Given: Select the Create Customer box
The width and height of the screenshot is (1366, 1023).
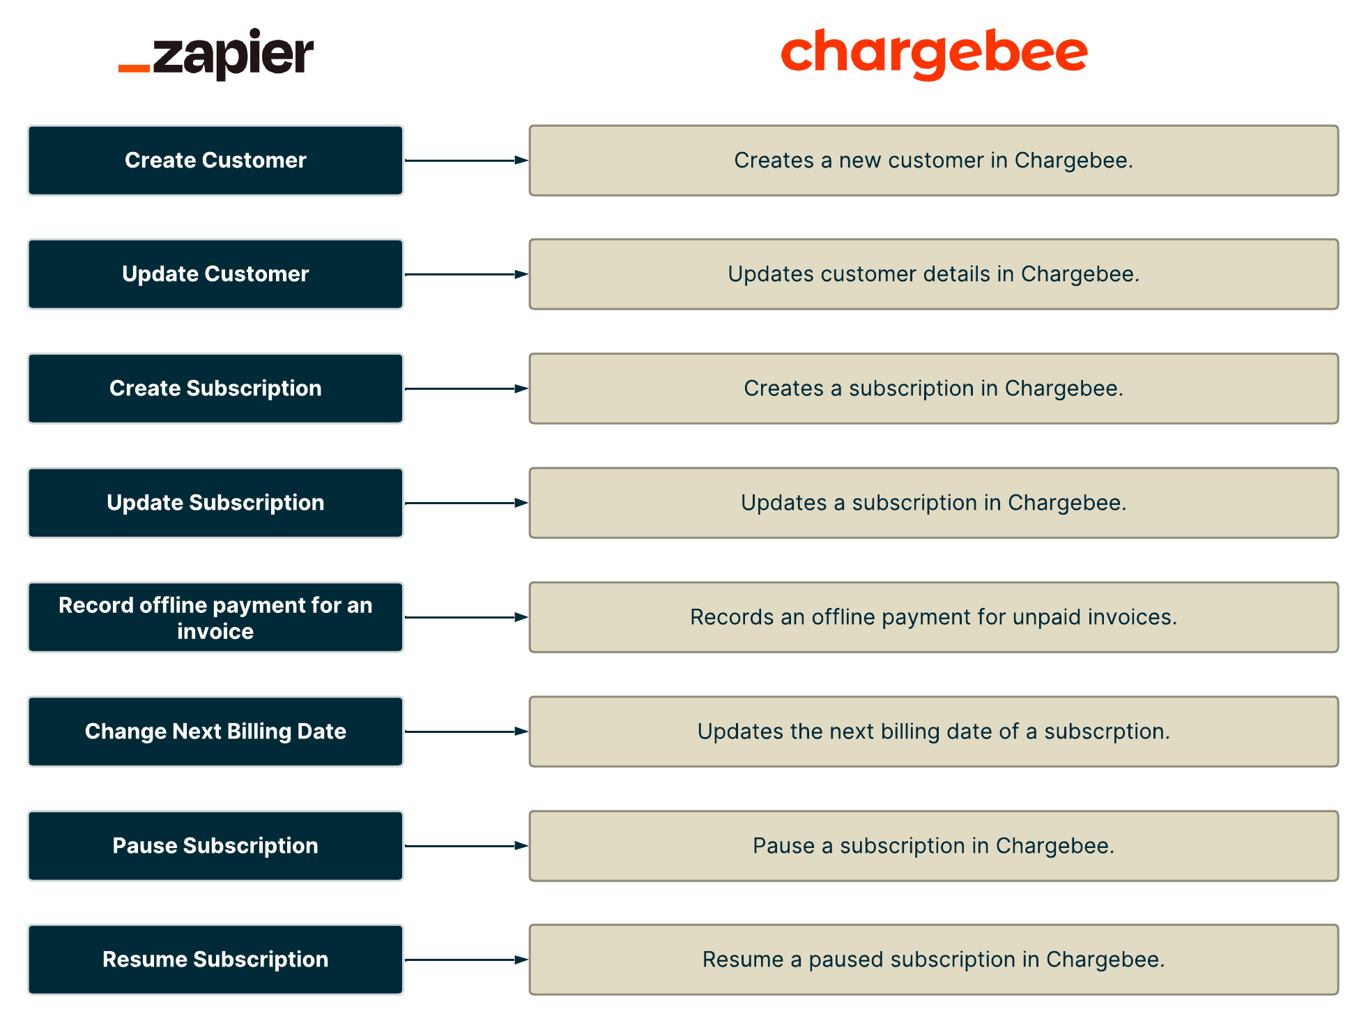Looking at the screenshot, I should point(215,160).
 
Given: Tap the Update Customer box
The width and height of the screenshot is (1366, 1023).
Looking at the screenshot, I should point(215,274).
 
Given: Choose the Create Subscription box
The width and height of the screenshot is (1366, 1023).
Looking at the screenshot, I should point(215,388).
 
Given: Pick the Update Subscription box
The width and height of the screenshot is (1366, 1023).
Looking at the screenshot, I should point(215,503).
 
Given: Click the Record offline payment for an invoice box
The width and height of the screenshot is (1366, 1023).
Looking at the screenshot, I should point(215,617).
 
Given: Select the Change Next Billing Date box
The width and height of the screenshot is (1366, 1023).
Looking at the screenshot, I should point(215,732).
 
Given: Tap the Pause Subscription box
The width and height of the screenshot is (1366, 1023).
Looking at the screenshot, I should point(215,846).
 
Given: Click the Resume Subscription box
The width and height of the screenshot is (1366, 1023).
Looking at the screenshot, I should point(215,960).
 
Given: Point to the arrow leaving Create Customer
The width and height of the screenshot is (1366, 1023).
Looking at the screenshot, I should point(466,160).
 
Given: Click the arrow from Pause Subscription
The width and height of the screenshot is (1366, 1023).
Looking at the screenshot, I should point(466,846).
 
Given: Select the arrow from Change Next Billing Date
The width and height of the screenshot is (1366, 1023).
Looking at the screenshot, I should point(466,732).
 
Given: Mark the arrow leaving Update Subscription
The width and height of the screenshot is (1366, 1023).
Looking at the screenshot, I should point(466,503).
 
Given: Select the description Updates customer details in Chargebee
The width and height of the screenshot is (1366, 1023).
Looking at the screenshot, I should point(933,274).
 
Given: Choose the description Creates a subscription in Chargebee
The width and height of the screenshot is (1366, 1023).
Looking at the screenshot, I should point(933,388).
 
